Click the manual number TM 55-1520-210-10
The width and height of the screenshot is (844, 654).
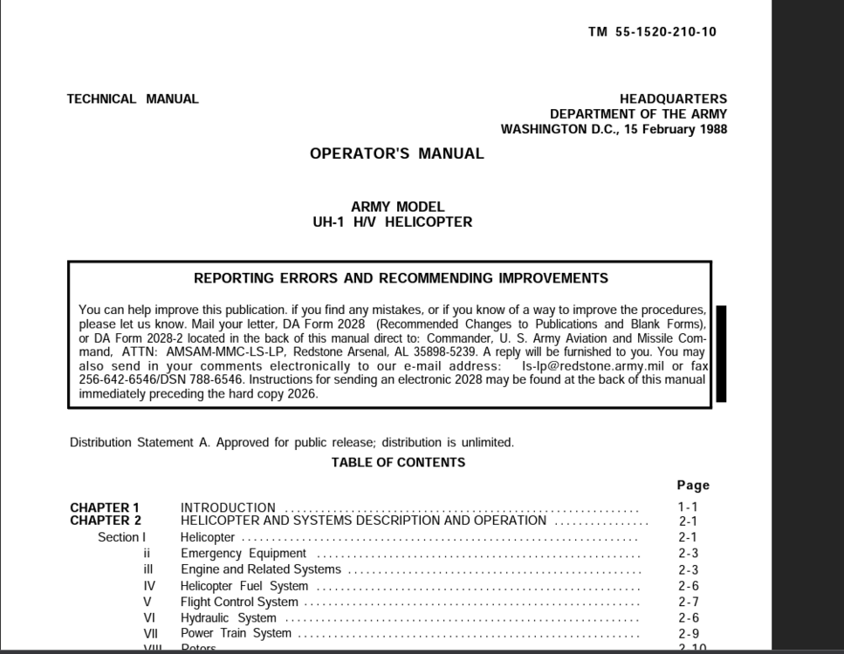(x=652, y=32)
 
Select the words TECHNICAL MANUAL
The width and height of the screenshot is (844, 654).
(x=133, y=99)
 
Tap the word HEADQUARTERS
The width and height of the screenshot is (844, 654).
(x=673, y=99)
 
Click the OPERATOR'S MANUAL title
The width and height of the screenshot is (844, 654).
(x=396, y=154)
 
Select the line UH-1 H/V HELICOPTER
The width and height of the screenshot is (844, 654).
(x=392, y=222)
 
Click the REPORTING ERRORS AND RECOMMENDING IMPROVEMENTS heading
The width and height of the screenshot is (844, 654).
(x=401, y=279)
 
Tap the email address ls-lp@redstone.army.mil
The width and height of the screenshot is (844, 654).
(x=594, y=366)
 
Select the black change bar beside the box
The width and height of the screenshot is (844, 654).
(x=721, y=353)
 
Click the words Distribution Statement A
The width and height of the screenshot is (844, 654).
(x=140, y=442)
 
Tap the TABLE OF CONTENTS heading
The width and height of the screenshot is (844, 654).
(x=398, y=463)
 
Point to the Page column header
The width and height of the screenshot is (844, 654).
(x=693, y=486)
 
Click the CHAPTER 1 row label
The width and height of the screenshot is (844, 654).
(x=105, y=508)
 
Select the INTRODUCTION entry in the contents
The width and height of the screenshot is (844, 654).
(x=228, y=508)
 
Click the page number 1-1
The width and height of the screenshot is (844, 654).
(x=688, y=508)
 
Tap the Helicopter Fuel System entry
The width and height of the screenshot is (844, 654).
(x=244, y=586)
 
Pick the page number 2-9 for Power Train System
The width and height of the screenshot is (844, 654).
(x=688, y=634)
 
